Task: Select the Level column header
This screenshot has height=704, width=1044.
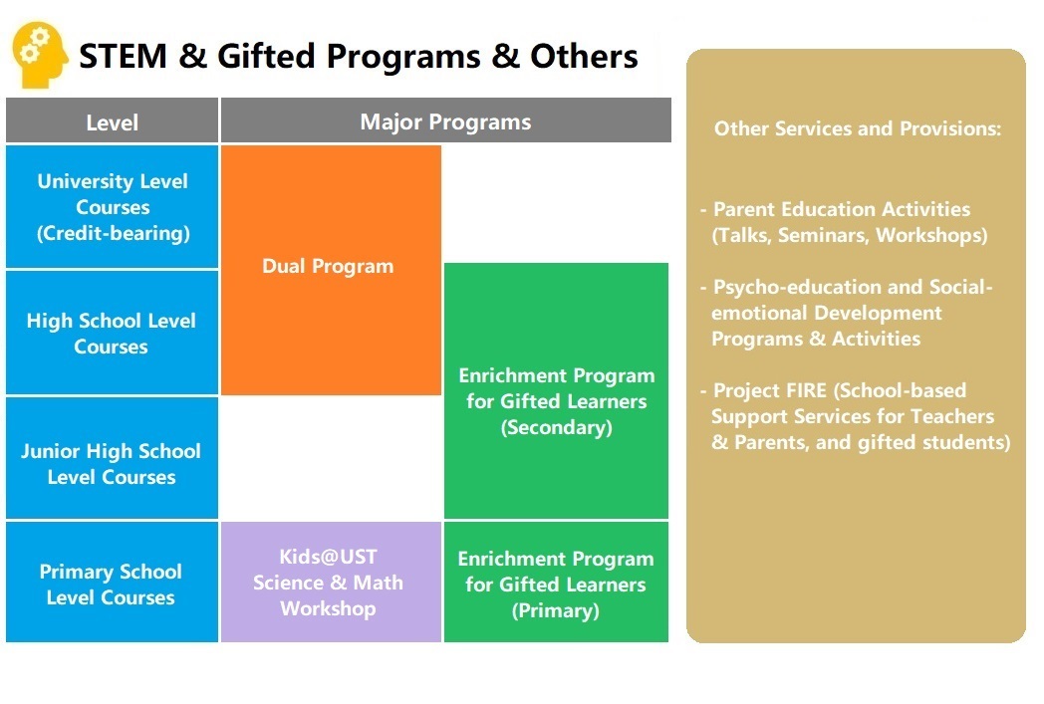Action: click(112, 122)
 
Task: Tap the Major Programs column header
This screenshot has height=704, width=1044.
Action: click(445, 122)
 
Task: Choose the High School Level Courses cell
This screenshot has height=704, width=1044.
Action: click(112, 334)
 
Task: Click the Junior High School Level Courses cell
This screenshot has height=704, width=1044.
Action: click(112, 464)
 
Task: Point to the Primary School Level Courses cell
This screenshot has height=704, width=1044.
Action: click(112, 585)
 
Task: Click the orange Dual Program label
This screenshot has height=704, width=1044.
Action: click(328, 267)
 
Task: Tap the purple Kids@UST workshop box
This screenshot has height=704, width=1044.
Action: click(329, 583)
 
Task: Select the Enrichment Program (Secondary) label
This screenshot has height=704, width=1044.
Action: click(556, 401)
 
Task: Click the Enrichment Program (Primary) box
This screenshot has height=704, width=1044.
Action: click(556, 585)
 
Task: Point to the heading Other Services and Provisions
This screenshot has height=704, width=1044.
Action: click(858, 128)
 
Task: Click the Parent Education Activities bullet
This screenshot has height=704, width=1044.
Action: click(842, 209)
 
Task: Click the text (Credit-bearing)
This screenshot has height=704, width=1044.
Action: click(113, 234)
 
